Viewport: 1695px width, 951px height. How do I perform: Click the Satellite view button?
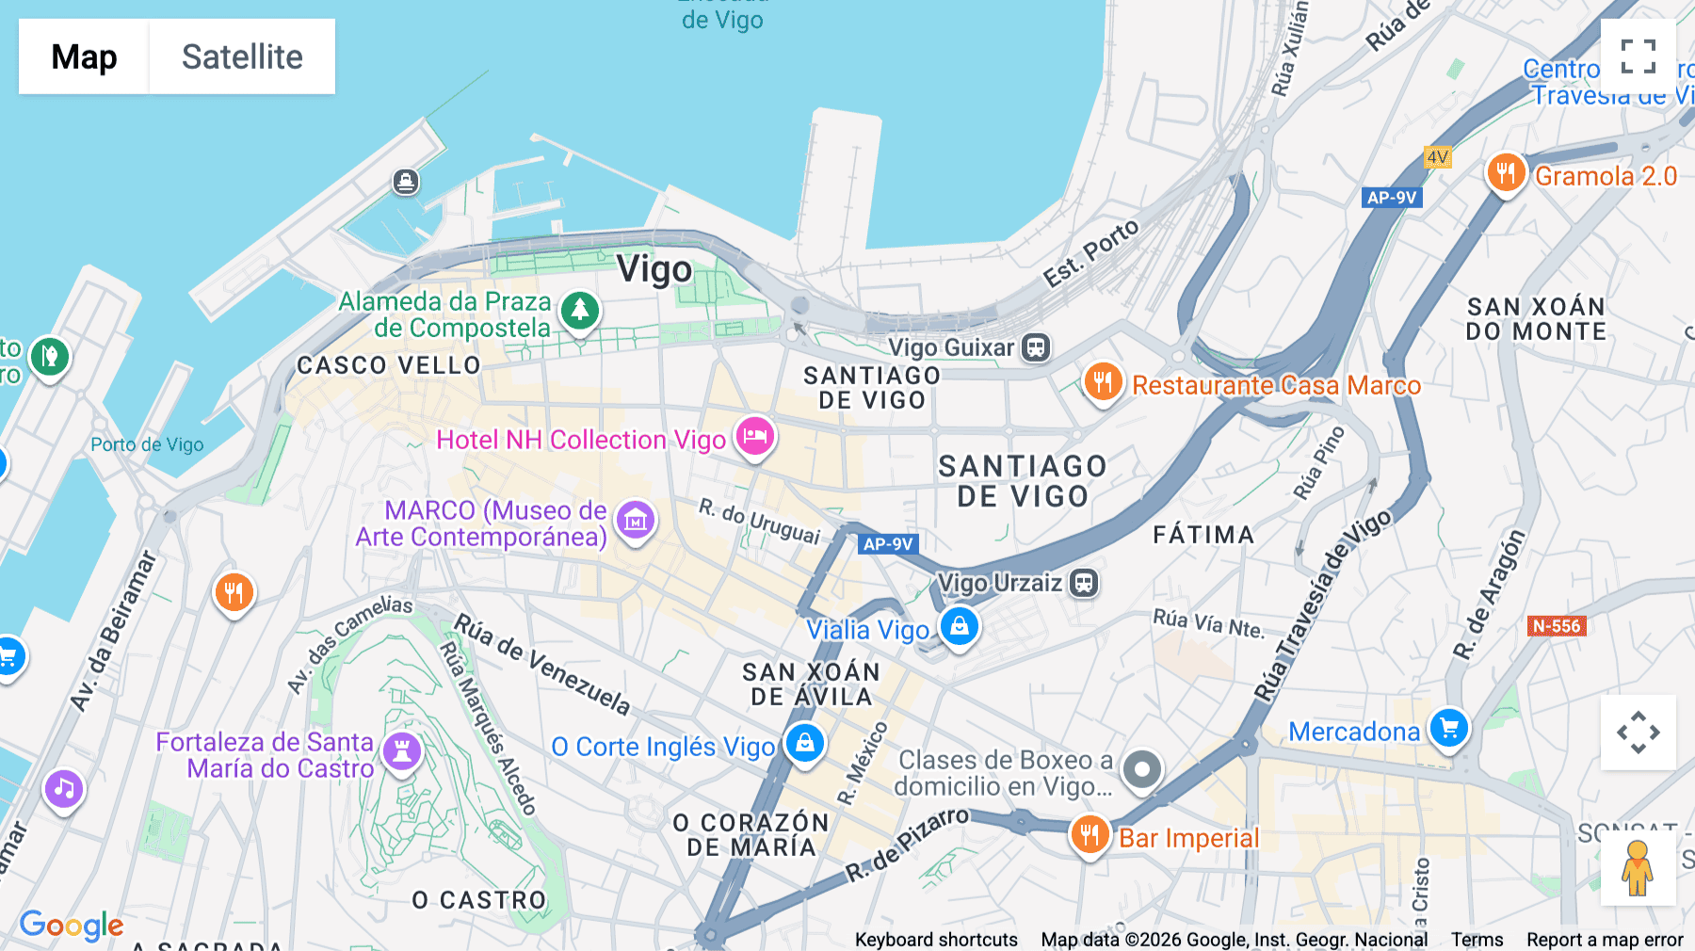point(242,56)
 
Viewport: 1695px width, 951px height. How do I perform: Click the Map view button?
point(84,56)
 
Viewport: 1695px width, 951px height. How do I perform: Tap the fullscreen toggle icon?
point(1638,56)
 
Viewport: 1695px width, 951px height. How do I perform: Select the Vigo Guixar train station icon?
point(1036,347)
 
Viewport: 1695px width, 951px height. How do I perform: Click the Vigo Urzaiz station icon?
point(1084,583)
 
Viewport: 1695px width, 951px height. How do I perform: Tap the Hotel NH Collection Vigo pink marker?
point(754,437)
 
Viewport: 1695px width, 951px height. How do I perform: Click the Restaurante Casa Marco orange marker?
point(1103,382)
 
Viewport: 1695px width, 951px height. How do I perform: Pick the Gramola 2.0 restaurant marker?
point(1506,173)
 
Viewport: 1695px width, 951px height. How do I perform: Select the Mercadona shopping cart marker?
point(1448,729)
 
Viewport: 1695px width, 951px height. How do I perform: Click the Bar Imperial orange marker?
point(1090,834)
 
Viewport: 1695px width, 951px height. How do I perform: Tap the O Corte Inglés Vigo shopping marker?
point(805,744)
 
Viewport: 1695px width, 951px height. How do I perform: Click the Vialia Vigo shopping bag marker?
point(960,626)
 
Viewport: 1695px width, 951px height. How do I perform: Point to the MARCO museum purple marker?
point(636,520)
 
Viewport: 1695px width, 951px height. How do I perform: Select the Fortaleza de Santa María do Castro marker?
point(402,751)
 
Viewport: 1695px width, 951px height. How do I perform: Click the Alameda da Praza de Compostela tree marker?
point(580,310)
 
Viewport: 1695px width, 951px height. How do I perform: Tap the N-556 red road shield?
point(1557,626)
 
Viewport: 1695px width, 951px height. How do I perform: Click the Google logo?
point(72,926)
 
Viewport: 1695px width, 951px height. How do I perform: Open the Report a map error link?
point(1605,940)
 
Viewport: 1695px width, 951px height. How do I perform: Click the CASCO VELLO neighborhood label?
point(389,365)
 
